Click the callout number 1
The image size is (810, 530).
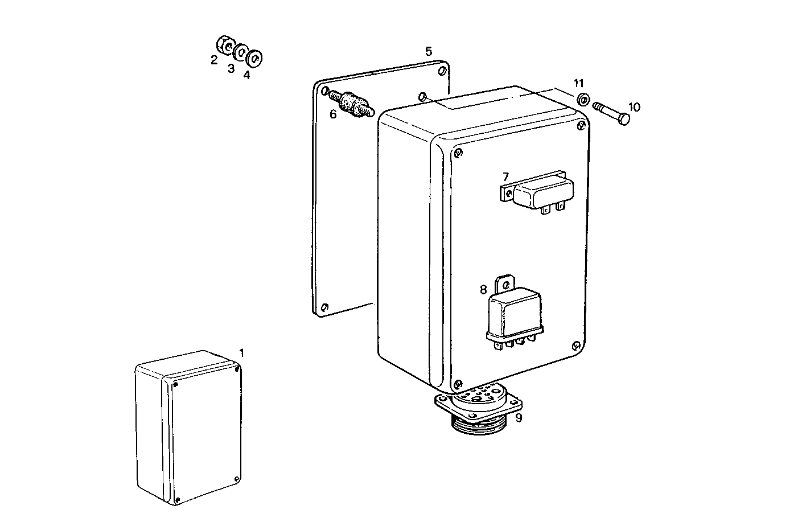pos(241,353)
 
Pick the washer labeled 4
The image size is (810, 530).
pos(254,57)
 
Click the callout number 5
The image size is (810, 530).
pos(429,51)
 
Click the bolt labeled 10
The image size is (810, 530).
pos(612,112)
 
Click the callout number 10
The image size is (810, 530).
pos(634,107)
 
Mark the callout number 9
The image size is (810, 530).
pos(518,418)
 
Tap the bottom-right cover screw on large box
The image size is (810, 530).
pos(576,345)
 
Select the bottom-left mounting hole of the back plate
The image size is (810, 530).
pos(324,307)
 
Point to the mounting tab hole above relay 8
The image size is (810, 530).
pos(505,282)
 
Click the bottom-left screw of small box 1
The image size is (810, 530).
pos(178,500)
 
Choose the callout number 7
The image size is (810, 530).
pos(505,177)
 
